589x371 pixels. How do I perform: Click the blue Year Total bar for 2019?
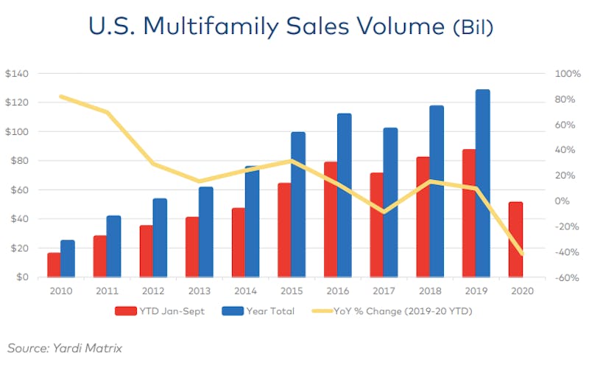pos(482,184)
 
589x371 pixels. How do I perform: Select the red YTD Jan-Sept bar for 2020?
pos(515,240)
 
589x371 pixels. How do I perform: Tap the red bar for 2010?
pos(54,265)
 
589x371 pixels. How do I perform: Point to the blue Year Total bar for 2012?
pos(160,237)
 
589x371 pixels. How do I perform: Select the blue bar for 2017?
pos(390,203)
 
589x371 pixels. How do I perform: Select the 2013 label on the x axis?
pos(197,289)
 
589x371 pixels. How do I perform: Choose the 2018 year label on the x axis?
pos(429,289)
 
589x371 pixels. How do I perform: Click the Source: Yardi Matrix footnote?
pos(64,347)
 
